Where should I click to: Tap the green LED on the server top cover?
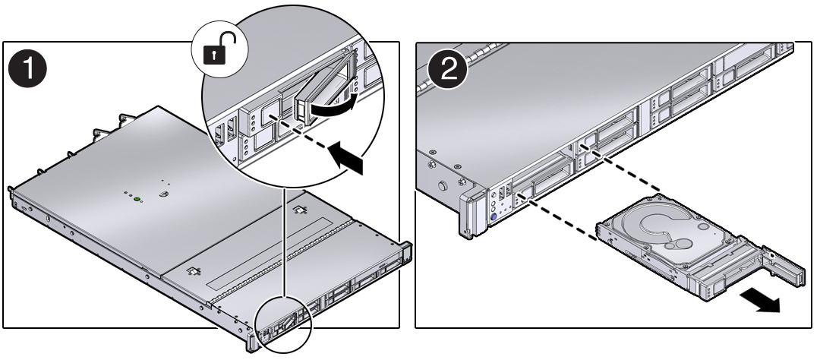137,201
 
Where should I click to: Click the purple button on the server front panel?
494,216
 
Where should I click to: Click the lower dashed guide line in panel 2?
558,221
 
